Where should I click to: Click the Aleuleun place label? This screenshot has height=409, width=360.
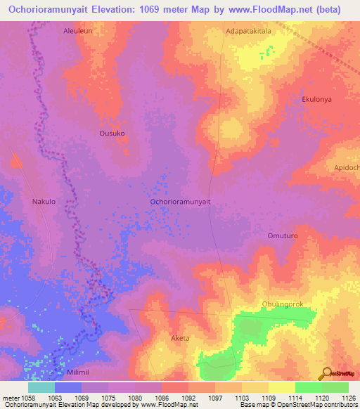[x=77, y=32]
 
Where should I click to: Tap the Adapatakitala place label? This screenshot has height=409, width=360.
[x=248, y=32]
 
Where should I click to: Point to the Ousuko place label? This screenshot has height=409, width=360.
[x=112, y=133]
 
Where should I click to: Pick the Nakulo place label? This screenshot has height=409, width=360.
[x=44, y=202]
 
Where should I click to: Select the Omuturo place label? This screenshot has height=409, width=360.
[x=284, y=236]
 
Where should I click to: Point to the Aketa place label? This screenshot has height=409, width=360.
[x=181, y=338]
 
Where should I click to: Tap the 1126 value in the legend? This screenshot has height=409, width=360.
[x=349, y=398]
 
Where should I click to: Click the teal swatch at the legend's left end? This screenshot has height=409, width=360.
[x=41, y=387]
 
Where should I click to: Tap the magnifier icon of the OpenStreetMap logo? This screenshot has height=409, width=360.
[x=326, y=374]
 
